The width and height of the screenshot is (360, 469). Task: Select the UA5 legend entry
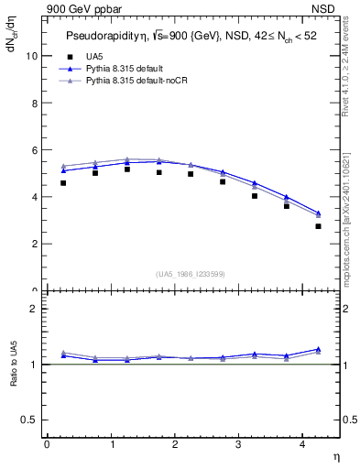point(92,57)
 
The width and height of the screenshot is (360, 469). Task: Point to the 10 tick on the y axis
point(33,55)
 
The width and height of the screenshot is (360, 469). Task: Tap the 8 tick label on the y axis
point(36,103)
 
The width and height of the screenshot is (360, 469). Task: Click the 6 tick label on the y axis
point(36,149)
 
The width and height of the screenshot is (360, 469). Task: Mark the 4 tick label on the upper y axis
point(36,197)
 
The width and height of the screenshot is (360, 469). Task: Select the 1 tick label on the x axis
point(111,443)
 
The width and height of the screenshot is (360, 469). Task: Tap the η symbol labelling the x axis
point(335,455)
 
